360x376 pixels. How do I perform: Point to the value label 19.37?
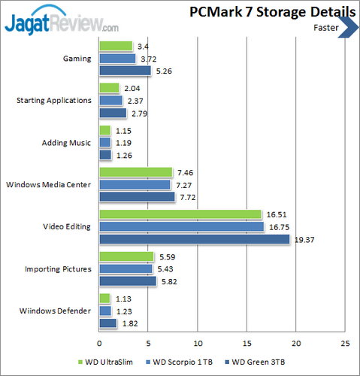pyautogui.click(x=304, y=240)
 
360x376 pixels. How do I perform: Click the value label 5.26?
pyautogui.click(x=163, y=71)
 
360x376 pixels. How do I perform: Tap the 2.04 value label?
pyautogui.click(x=131, y=88)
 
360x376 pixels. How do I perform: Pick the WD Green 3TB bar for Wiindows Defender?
pyautogui.click(x=107, y=323)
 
